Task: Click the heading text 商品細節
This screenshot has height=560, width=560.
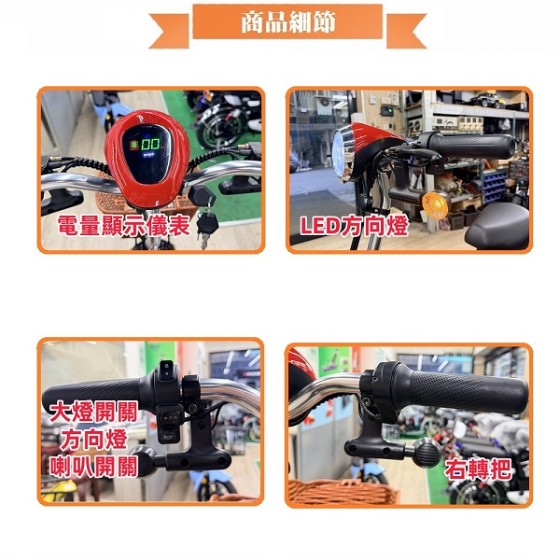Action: (287, 22)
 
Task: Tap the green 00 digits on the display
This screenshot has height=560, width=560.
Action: (150, 145)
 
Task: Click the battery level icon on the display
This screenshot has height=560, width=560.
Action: (134, 145)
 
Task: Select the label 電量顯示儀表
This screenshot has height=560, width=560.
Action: (123, 226)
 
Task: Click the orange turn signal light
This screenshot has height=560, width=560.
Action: (435, 204)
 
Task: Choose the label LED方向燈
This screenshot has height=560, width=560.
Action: (354, 226)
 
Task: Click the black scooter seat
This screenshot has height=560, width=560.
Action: (497, 226)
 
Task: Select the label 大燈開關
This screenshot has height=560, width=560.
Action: (93, 412)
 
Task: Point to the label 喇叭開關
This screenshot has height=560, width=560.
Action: (93, 467)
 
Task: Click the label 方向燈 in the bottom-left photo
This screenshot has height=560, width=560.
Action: (93, 440)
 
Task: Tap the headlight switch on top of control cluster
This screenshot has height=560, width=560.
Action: (167, 370)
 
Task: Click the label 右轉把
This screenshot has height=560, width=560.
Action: (478, 469)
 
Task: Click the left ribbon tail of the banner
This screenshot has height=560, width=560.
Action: (169, 31)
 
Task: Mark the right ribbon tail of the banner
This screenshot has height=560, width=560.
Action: (406, 31)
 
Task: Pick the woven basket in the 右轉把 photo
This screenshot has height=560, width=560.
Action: (343, 491)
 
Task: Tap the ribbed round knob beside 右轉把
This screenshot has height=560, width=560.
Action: (427, 452)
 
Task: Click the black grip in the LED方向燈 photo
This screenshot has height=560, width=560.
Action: (471, 147)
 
